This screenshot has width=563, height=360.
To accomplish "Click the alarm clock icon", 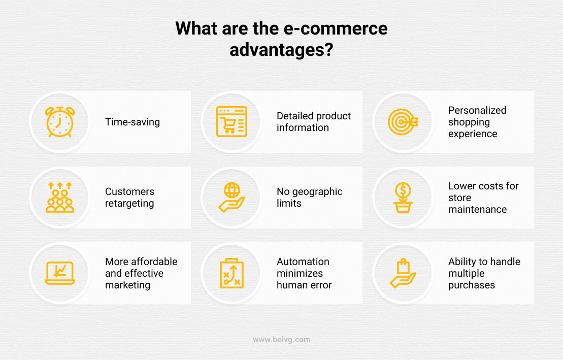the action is [x=60, y=122].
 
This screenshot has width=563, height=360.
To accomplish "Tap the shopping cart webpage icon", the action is [x=231, y=122].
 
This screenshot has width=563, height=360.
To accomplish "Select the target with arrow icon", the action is [x=403, y=122].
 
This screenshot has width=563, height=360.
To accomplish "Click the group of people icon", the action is [x=60, y=197].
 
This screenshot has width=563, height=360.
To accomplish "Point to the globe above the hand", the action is [x=232, y=190].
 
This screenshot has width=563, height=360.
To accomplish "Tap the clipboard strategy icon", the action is [x=231, y=273].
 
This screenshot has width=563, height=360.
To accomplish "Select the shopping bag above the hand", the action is [x=403, y=267].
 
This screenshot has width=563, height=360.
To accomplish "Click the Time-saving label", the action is [x=133, y=122].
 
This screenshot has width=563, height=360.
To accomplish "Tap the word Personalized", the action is [x=477, y=110].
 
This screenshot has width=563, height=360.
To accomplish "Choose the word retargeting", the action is [x=129, y=204].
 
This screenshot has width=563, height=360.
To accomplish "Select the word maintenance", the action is [x=478, y=210].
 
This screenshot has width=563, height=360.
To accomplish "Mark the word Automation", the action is [x=303, y=261].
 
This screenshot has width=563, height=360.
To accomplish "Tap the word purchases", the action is [x=472, y=285].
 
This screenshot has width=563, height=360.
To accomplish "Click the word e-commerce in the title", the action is [x=336, y=28].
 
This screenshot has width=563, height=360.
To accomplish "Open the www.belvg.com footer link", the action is [x=281, y=340].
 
